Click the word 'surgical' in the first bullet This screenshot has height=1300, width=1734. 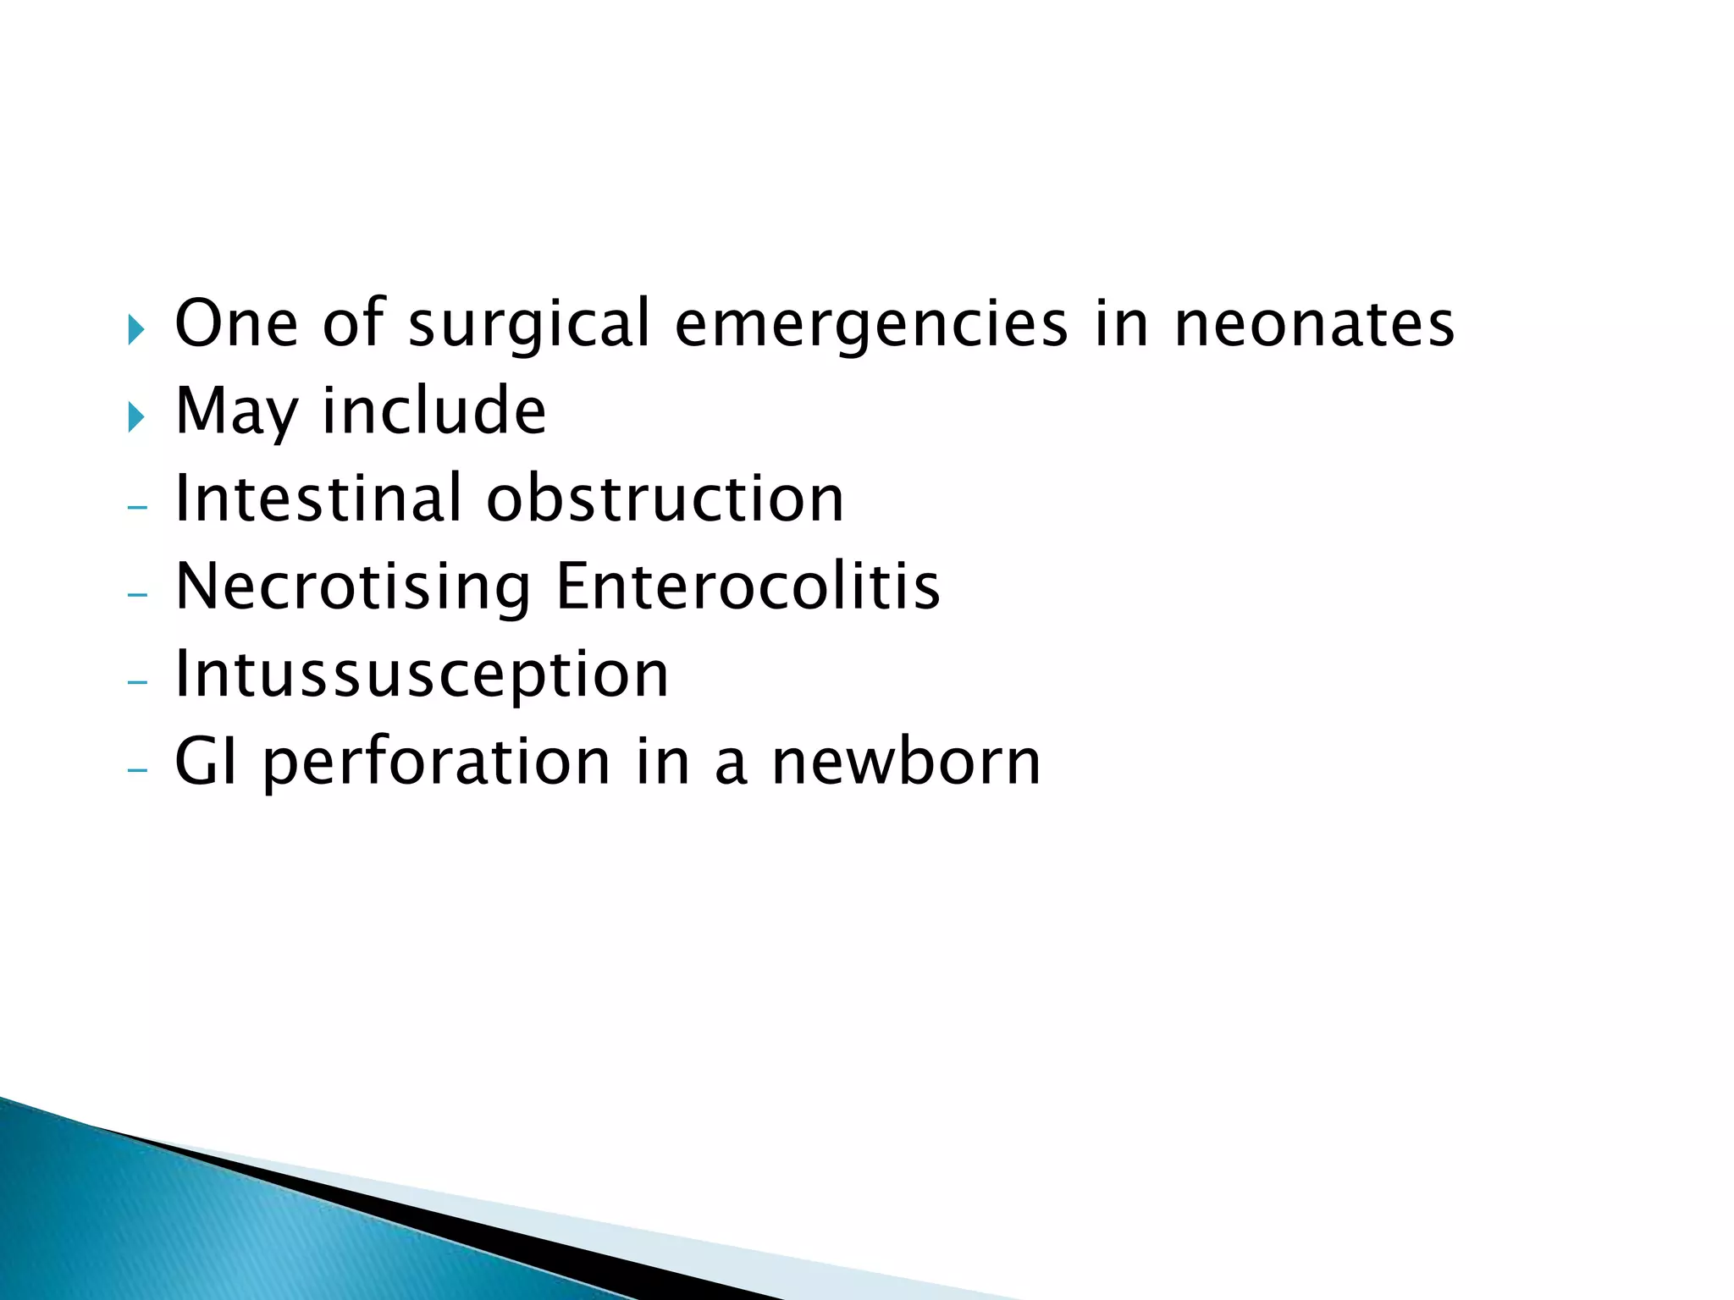529,325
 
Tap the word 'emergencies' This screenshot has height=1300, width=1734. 871,325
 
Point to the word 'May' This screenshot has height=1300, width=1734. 236,412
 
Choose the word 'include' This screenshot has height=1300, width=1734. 434,410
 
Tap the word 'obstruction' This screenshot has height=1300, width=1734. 665,499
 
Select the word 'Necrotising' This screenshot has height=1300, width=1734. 353,587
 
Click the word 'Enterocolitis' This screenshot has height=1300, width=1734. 748,587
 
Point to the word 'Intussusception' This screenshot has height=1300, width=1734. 422,675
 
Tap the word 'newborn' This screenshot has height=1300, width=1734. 906,762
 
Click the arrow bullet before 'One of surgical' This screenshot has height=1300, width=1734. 135,328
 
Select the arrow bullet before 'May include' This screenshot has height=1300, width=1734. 135,416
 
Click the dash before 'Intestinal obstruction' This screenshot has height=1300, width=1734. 136,507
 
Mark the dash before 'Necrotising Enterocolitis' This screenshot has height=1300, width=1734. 136,595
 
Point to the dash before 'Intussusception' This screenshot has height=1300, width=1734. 136,682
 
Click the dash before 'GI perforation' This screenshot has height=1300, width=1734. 136,770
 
